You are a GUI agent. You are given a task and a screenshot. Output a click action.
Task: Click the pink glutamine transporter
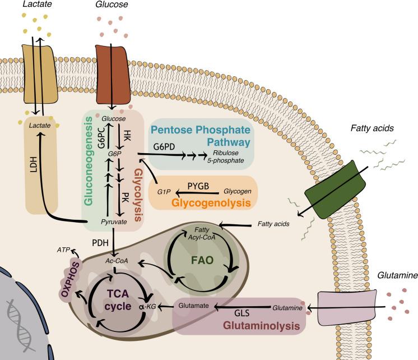pos(338,307)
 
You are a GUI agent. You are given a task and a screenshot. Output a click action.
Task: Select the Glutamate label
pos(192,305)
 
